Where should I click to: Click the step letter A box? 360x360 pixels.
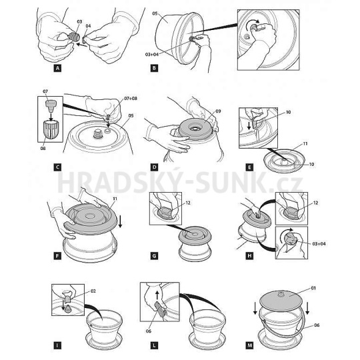point(57,68)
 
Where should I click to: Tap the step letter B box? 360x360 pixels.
point(154,68)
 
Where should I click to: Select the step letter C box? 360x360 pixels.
point(57,167)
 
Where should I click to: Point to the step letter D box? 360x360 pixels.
point(154,167)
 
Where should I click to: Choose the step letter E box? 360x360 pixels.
point(249,167)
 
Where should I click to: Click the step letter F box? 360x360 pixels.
point(57,256)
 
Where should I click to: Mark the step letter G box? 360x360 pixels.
point(154,256)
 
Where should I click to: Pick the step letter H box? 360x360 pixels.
point(249,256)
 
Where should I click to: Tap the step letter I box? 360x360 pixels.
point(57,345)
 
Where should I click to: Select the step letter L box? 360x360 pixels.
point(154,345)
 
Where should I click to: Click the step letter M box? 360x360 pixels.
point(249,345)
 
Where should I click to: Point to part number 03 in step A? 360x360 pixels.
point(79,22)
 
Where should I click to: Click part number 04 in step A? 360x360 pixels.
point(89,26)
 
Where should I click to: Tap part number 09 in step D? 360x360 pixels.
point(218,111)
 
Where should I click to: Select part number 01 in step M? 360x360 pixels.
point(313,288)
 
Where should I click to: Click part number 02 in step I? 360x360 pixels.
point(93,291)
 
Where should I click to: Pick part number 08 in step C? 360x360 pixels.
point(43,148)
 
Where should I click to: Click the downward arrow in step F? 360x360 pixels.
point(120,222)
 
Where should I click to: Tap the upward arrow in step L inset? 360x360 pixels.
point(157,295)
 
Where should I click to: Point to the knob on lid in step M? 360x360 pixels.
point(280,293)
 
